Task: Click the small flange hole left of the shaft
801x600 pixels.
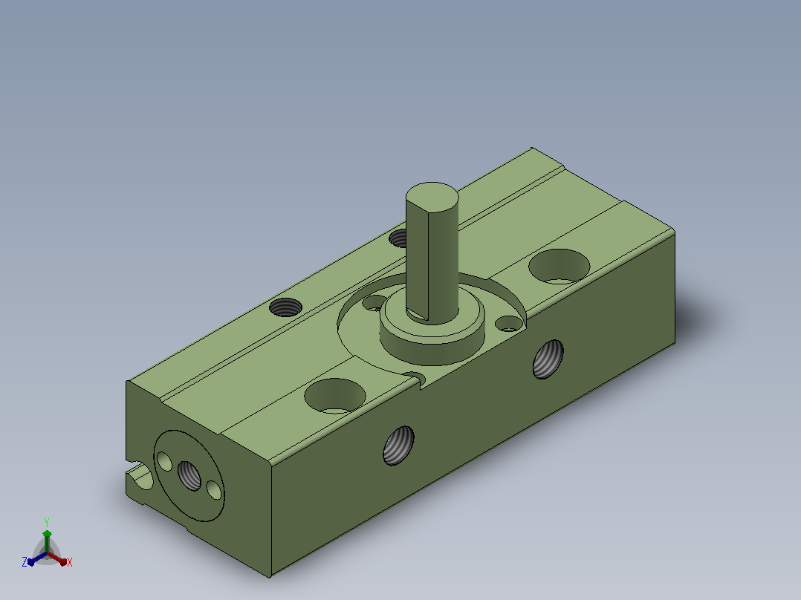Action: click(374, 302)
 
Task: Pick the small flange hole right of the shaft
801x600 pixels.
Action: click(508, 323)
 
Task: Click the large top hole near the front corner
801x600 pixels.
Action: click(335, 396)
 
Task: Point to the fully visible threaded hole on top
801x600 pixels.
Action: click(285, 307)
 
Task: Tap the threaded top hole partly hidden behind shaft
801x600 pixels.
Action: click(398, 238)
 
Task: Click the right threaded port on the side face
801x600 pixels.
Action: click(548, 359)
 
